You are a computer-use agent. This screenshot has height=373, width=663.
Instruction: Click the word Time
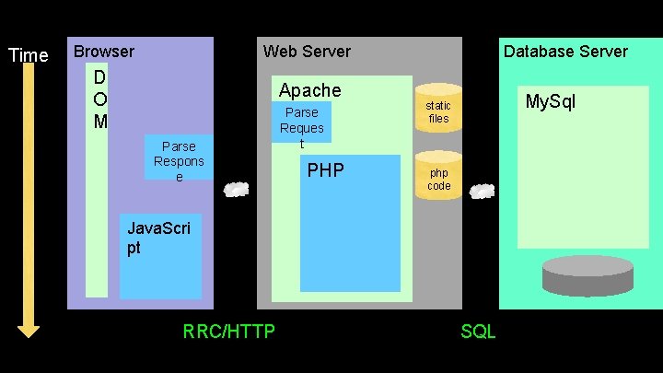tap(28, 55)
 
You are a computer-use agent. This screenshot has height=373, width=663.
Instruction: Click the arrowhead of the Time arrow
tap(29, 328)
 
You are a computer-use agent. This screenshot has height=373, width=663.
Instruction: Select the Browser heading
tap(104, 52)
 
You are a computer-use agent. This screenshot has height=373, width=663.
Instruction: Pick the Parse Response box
tap(179, 160)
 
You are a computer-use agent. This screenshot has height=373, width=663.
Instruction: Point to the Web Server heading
tap(307, 52)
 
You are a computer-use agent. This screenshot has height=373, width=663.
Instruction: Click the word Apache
tap(309, 90)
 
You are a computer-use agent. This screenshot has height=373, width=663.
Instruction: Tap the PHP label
tap(325, 170)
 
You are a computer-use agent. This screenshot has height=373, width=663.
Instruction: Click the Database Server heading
tap(565, 52)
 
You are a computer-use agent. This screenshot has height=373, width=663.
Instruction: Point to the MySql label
tap(550, 101)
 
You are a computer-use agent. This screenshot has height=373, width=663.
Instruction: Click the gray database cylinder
tap(587, 275)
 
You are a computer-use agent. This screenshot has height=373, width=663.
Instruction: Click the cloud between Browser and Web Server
tap(237, 190)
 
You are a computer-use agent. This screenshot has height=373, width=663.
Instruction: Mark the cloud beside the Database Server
tap(483, 192)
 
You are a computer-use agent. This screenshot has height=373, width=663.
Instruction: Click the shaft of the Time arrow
tap(29, 184)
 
